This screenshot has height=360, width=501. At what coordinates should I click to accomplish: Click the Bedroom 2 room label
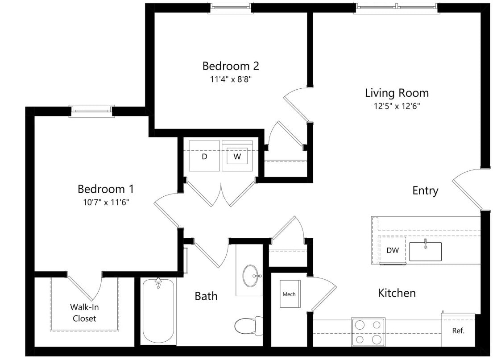[230, 66]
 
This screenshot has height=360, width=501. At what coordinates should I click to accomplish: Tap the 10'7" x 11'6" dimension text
[106, 202]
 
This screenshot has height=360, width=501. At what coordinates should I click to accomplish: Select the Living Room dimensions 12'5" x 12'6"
[397, 106]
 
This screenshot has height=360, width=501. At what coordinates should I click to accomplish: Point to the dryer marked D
[204, 156]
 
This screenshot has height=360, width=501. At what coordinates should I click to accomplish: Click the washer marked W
[237, 156]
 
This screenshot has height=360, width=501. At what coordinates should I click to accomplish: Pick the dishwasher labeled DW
[393, 250]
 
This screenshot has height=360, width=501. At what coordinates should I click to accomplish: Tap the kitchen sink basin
[425, 252]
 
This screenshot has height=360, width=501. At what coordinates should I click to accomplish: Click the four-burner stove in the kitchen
[368, 332]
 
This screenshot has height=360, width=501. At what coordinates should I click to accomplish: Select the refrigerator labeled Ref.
[458, 330]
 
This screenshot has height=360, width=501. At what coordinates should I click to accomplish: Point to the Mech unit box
[290, 294]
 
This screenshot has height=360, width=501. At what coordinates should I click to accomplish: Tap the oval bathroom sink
[251, 276]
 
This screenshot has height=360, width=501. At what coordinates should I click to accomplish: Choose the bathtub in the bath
[158, 311]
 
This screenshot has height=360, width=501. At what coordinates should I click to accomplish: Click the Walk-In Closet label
[84, 313]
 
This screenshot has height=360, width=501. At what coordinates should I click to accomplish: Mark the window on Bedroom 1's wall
[92, 111]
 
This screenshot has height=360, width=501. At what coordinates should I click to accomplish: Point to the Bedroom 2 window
[230, 8]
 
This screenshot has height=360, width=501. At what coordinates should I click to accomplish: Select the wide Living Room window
[397, 8]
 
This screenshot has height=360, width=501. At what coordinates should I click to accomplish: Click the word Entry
[425, 190]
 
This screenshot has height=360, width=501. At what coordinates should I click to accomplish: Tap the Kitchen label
[397, 293]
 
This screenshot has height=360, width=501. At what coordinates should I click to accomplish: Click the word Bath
[206, 296]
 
